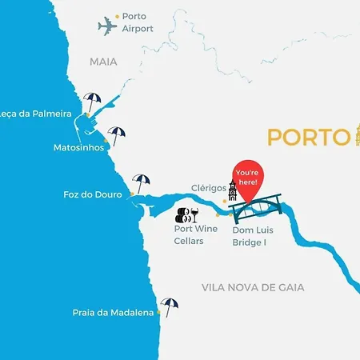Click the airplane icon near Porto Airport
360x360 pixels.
point(107,26)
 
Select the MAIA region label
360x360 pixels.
point(103,61)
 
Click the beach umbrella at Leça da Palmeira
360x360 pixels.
point(93,102)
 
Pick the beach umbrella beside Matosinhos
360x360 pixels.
point(117,135)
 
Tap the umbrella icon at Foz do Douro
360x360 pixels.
point(142,183)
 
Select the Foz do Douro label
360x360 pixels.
point(92,194)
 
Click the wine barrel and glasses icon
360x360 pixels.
point(187,214)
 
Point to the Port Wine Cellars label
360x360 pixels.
point(195,234)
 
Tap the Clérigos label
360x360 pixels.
point(209,190)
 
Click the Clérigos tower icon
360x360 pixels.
point(233,193)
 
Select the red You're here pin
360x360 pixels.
point(248,178)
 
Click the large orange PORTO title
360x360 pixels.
point(307,137)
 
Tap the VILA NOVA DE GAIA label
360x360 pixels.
point(263,287)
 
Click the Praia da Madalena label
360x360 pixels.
point(112,313)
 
